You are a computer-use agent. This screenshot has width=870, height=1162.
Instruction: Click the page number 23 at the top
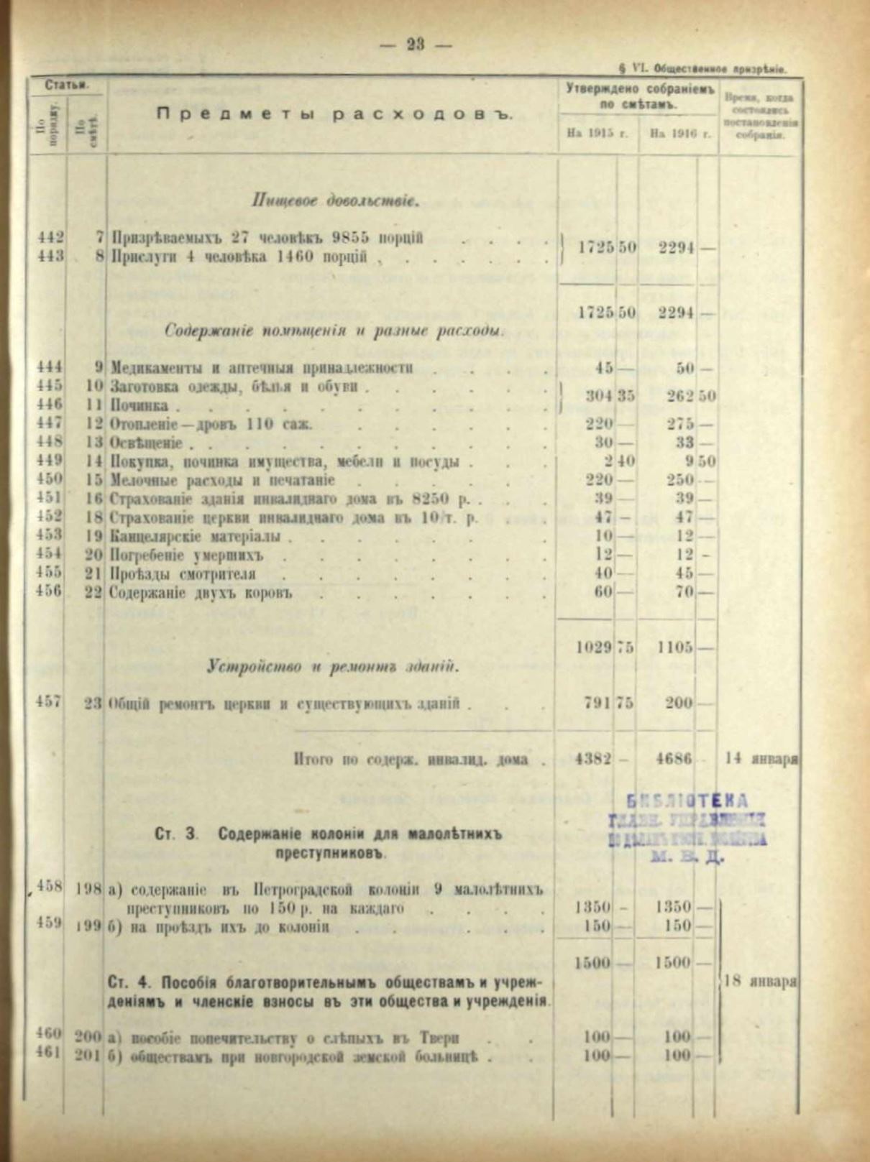(415, 45)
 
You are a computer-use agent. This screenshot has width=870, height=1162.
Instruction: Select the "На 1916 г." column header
(679, 134)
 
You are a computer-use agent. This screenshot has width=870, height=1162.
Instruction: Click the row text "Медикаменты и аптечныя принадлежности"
(262, 368)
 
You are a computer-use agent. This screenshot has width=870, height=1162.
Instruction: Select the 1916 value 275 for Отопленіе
(679, 424)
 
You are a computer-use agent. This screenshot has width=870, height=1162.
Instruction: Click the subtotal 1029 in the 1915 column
(594, 647)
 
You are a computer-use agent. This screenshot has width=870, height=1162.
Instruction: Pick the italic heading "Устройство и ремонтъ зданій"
(333, 667)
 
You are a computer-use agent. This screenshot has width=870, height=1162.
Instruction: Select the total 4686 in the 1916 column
(674, 759)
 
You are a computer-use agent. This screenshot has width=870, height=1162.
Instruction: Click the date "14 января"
(762, 759)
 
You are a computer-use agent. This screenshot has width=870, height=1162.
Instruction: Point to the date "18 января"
(762, 982)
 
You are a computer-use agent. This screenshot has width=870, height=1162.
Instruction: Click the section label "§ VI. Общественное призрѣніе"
(701, 69)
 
